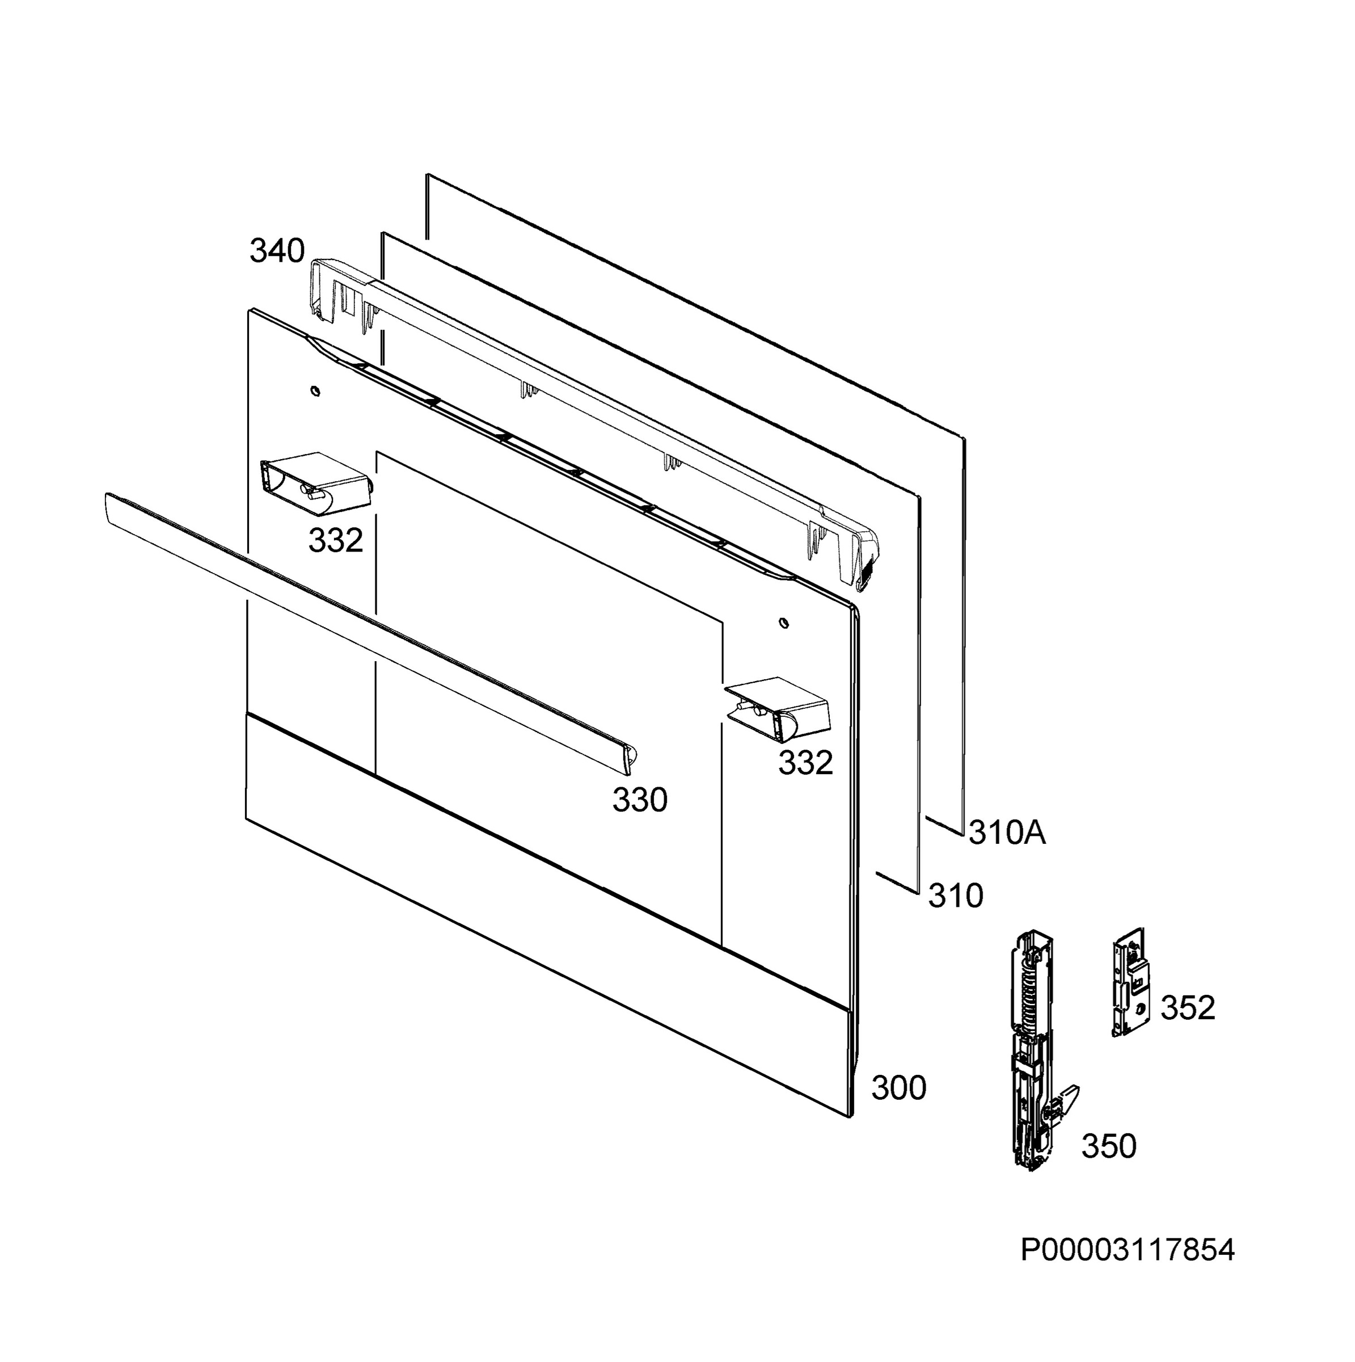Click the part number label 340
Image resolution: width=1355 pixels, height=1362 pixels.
(x=277, y=251)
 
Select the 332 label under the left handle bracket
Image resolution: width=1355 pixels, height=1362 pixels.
(x=335, y=541)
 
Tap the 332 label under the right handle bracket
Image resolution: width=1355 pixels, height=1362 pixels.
(x=805, y=763)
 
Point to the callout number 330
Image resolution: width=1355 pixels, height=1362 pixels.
(x=639, y=800)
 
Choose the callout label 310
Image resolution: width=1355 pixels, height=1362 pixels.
(x=956, y=896)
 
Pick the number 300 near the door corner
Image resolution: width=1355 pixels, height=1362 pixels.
(x=898, y=1088)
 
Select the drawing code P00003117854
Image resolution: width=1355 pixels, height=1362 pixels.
(x=1128, y=1271)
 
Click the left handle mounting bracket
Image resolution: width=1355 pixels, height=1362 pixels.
(x=316, y=480)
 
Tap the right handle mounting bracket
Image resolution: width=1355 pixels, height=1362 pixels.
(x=778, y=709)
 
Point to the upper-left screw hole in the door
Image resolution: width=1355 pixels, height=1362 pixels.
(x=314, y=390)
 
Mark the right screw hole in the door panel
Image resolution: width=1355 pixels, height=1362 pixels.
(x=783, y=623)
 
